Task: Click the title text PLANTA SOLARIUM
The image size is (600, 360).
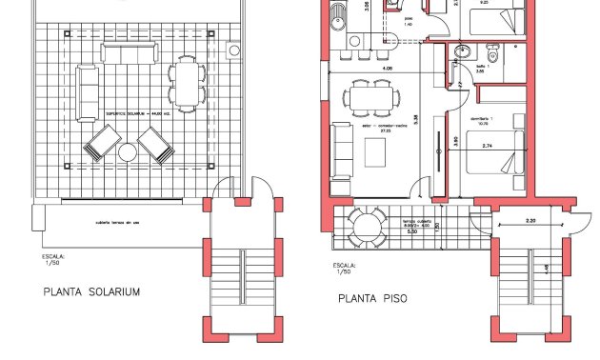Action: pos(91,292)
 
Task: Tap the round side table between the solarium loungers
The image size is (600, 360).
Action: pos(128,151)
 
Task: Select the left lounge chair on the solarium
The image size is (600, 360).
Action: pos(100,145)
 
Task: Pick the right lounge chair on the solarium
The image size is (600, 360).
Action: pos(155,145)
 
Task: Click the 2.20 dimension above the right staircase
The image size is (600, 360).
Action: pos(531,221)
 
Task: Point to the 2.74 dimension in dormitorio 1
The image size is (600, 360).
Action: pos(488,146)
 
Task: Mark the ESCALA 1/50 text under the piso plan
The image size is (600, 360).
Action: pos(344,270)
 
